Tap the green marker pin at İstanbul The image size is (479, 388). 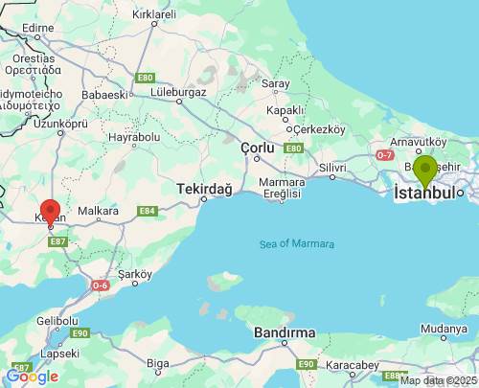424,171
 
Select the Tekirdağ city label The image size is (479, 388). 204,190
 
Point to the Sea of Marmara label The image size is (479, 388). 297,244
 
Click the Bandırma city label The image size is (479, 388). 285,332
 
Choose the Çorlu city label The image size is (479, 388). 257,148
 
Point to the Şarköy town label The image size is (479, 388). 134,275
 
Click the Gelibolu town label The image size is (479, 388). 56,321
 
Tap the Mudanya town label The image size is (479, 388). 444,328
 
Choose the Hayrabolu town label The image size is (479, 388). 134,137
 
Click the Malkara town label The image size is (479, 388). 98,211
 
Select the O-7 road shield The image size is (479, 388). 385,154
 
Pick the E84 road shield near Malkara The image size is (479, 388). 147,211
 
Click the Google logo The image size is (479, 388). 32,377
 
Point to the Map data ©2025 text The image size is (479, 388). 438,380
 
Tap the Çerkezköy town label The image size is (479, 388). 318,128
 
